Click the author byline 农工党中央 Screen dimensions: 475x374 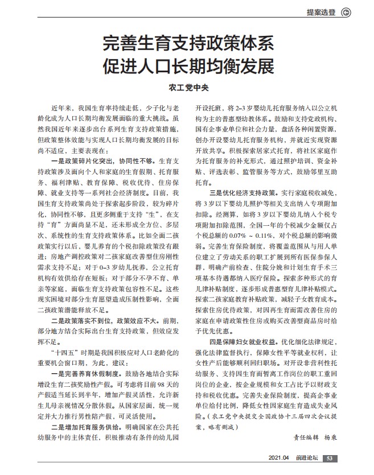[188, 89]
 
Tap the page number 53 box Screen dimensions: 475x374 [332, 458]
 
